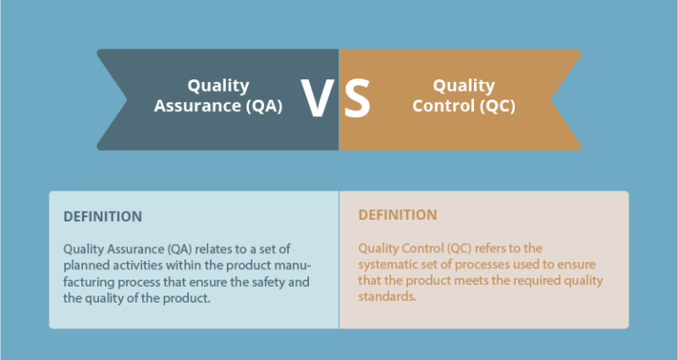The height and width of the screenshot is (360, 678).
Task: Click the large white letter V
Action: coord(317,99)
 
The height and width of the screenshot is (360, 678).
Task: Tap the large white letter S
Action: coord(357,99)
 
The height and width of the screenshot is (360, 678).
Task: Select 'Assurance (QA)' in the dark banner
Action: coord(218,106)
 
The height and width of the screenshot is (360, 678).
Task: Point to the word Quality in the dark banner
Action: coord(218,86)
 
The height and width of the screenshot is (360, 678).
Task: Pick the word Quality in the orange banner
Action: coord(463,86)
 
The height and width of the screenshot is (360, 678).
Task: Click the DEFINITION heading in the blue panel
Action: coord(102,216)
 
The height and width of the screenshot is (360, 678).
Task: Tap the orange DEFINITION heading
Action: coord(397,214)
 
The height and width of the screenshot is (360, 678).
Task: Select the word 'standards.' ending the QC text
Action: coord(387,297)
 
